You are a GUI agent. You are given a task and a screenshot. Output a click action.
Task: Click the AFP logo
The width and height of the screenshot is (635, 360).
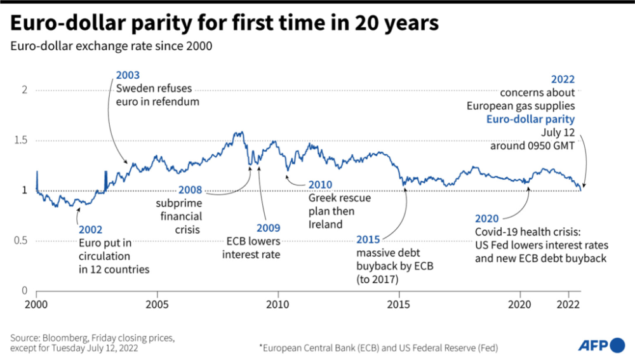coord(601,345)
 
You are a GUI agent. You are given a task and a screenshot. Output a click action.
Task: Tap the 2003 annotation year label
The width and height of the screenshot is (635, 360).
coord(128,76)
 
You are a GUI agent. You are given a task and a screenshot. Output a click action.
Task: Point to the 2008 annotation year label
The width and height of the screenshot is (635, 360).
coord(189,189)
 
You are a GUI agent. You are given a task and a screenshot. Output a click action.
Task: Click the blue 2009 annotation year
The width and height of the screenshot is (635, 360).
coord(269,229)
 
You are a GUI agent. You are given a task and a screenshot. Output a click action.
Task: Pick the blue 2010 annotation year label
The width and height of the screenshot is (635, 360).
coord(321,185)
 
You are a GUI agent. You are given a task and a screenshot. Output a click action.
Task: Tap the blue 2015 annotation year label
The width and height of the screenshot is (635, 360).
coord(368,239)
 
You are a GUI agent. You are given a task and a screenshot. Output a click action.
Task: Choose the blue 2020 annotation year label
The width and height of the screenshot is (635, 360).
coord(488,216)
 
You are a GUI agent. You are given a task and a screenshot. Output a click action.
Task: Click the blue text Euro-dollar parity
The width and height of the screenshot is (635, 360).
coord(530,119)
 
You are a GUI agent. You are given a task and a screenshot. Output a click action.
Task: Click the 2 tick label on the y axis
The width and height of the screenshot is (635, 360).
coord(25,90)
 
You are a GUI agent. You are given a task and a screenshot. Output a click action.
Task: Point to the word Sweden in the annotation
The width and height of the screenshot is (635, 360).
coord(133,89)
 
